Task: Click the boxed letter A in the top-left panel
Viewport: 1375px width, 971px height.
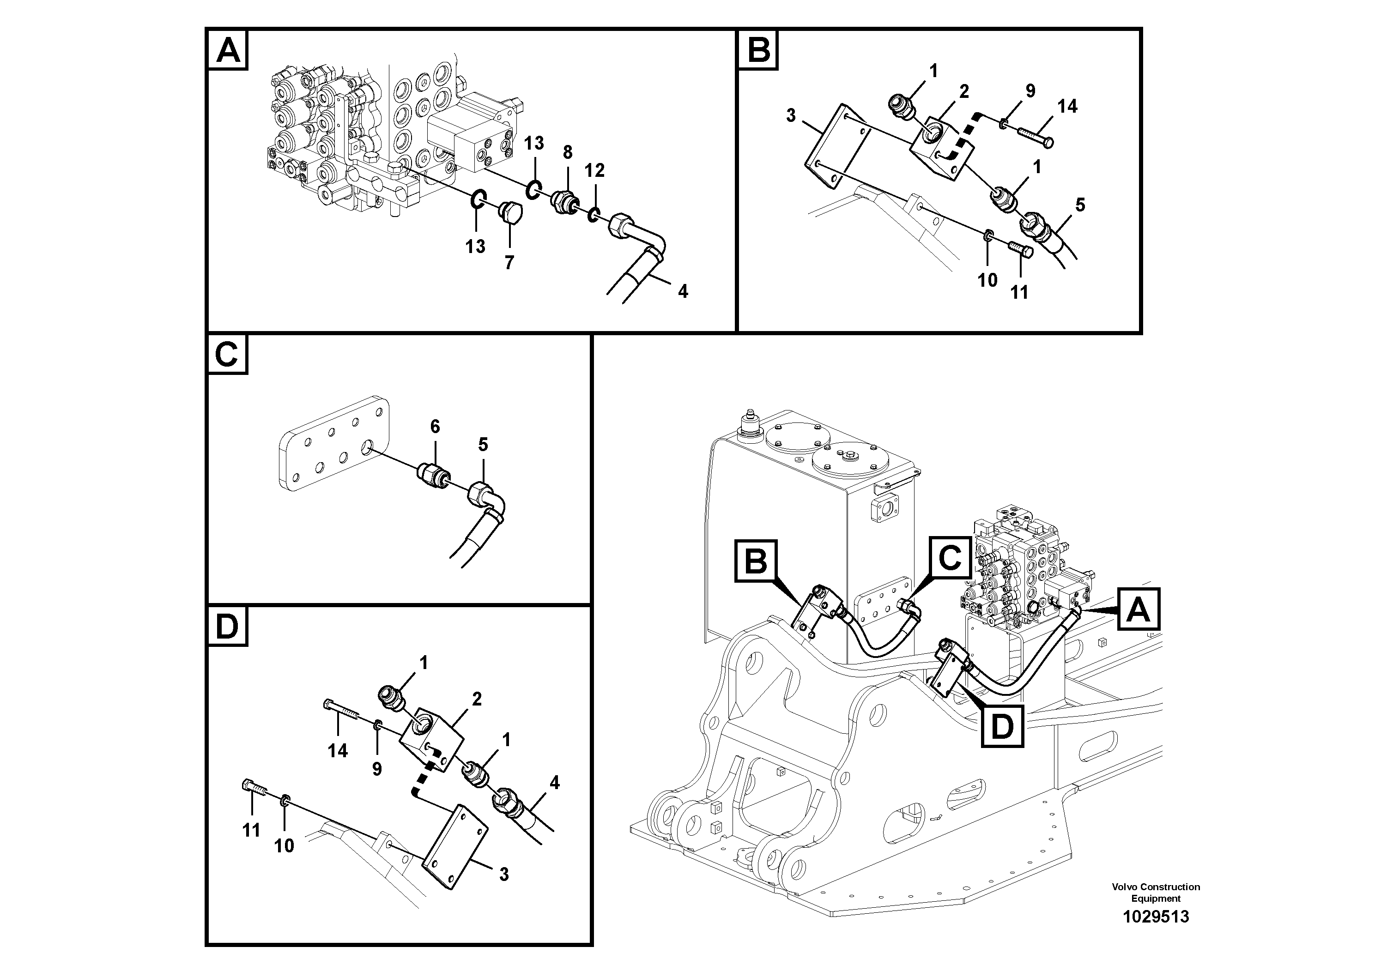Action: point(228,50)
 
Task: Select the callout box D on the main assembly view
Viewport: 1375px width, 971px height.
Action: point(1002,727)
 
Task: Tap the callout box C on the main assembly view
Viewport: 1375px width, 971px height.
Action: point(949,558)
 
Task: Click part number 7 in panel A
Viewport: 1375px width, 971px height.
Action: point(509,262)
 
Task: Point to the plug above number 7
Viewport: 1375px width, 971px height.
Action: point(511,212)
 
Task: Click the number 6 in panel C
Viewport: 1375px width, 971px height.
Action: point(435,426)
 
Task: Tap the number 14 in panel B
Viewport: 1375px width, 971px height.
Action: point(1067,107)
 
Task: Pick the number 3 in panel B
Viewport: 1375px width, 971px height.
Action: point(791,115)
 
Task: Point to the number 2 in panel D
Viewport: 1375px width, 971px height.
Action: point(477,699)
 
